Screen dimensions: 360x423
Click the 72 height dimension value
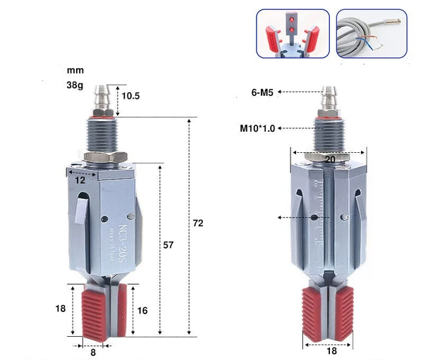coord(198,223)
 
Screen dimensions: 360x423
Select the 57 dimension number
coord(168,245)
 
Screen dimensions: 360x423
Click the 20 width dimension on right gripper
coord(329,159)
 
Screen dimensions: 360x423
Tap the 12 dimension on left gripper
coord(80,180)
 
